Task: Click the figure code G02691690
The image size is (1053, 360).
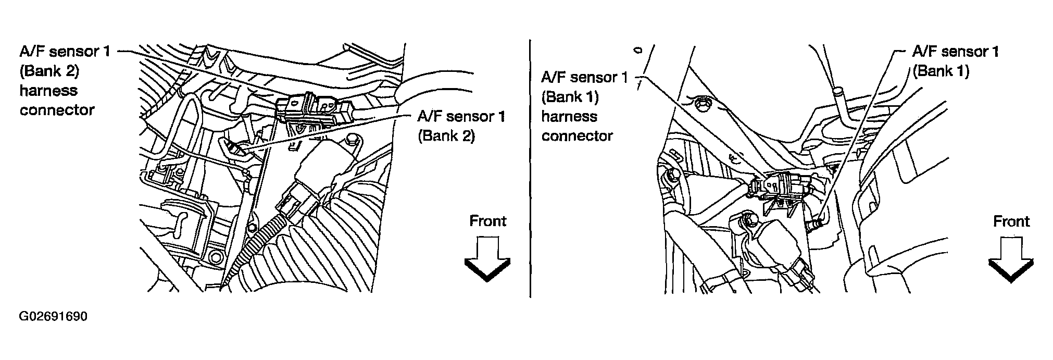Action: (53, 317)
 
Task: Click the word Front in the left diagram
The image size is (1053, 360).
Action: (487, 221)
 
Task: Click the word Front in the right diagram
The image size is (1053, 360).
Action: (1011, 221)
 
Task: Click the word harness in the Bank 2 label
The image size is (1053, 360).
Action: (48, 91)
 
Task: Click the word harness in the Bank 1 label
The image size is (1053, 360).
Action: (569, 116)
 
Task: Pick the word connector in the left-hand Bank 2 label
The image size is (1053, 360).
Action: (57, 110)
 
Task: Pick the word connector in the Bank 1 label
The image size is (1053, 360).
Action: (577, 136)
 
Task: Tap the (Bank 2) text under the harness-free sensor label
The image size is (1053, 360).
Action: (446, 136)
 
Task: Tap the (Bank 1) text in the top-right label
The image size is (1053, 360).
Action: (941, 71)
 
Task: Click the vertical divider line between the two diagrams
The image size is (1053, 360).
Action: (530, 167)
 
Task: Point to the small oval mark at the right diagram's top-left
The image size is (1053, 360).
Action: (637, 51)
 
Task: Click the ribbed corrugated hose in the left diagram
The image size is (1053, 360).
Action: (292, 255)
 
